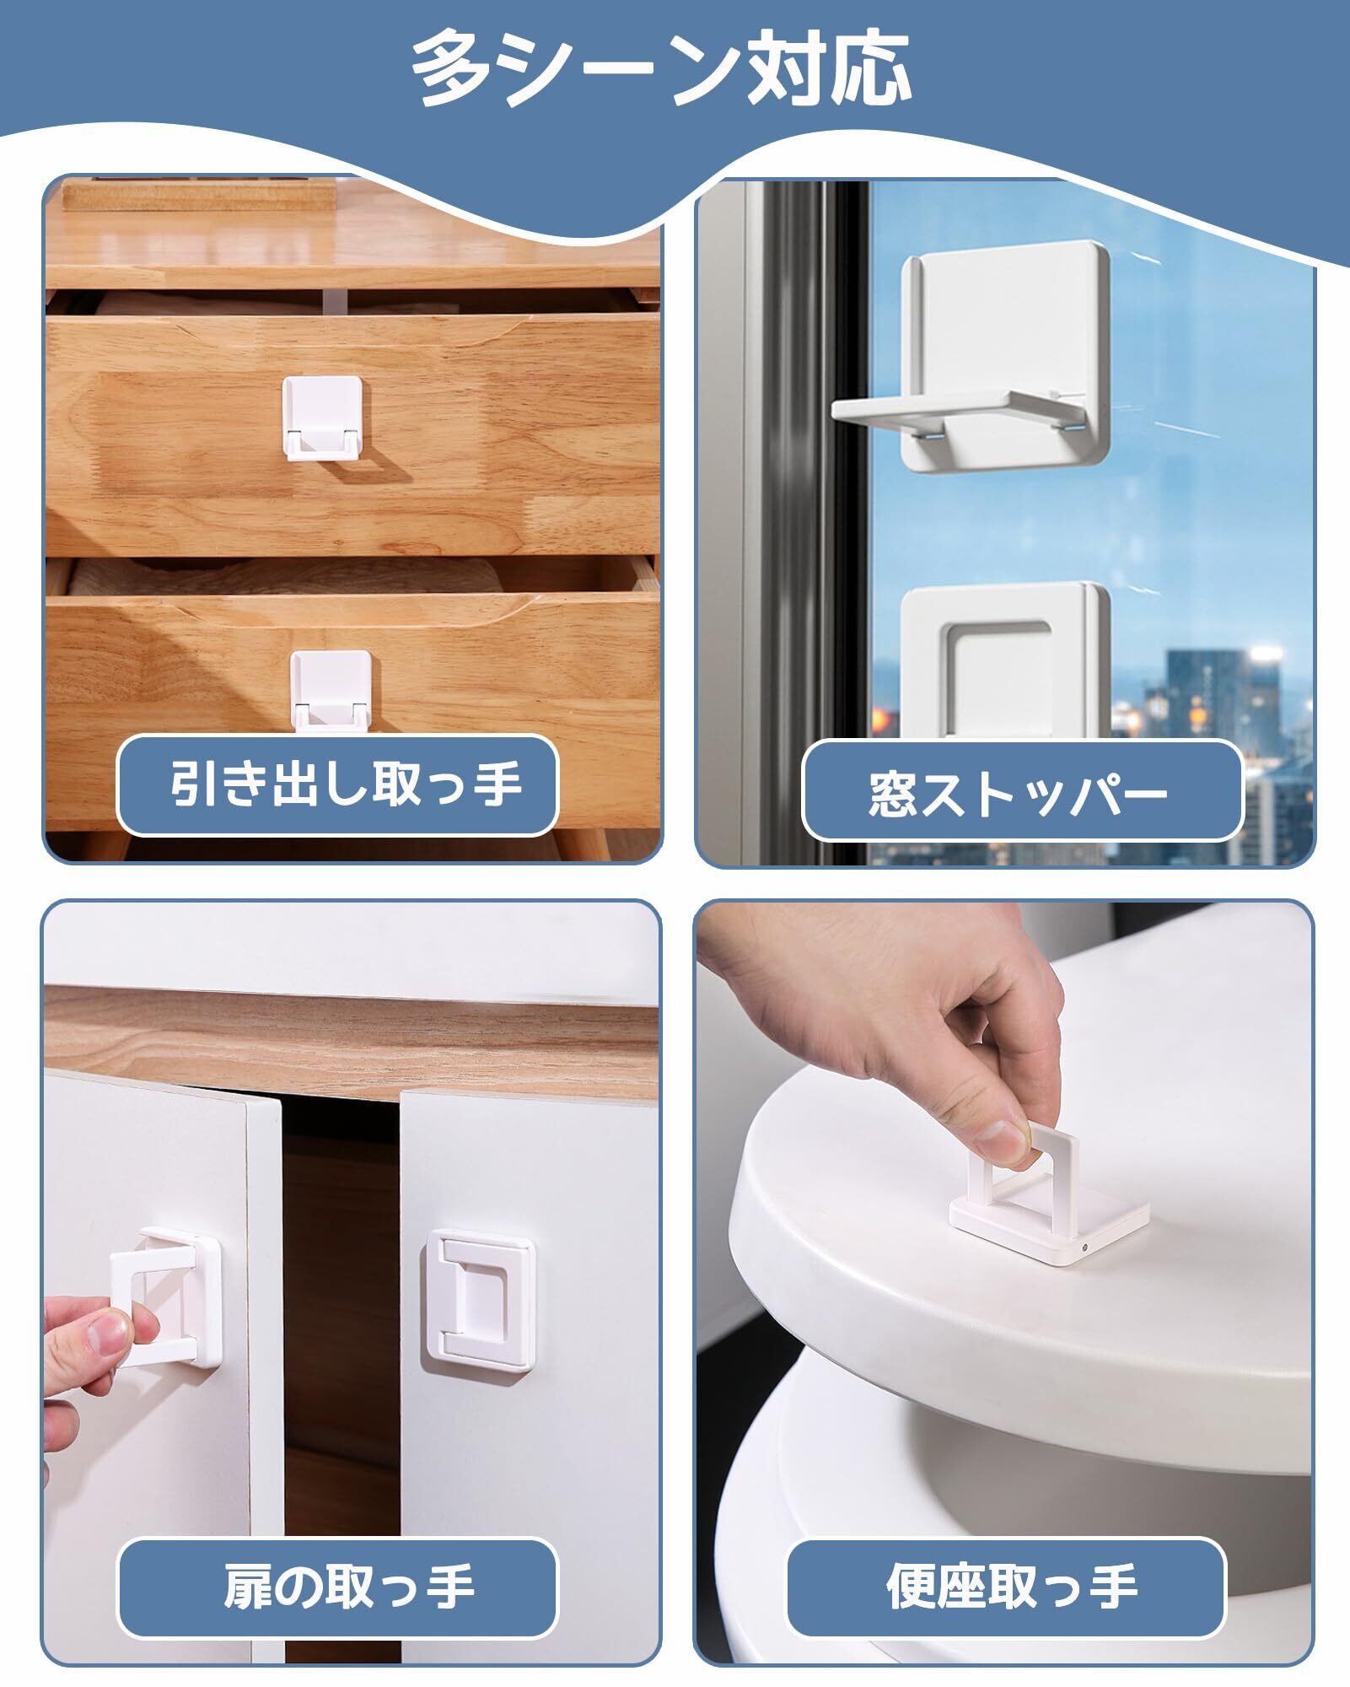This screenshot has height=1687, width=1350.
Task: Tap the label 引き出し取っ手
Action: point(346,784)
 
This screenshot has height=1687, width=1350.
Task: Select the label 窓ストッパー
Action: point(1018,793)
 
